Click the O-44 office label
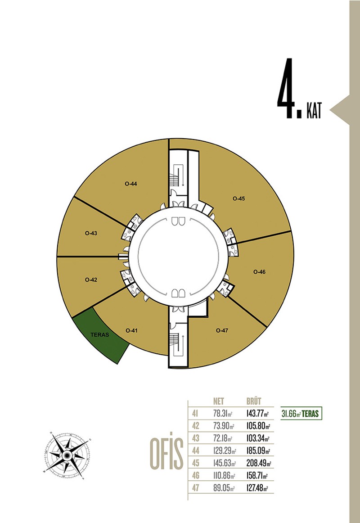[x=131, y=184]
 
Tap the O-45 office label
[x=238, y=198]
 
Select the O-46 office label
[x=259, y=272]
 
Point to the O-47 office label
[x=222, y=330]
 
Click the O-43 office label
[x=91, y=233]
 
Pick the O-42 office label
[x=91, y=280]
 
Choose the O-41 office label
[x=132, y=330]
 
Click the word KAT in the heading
[x=314, y=111]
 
